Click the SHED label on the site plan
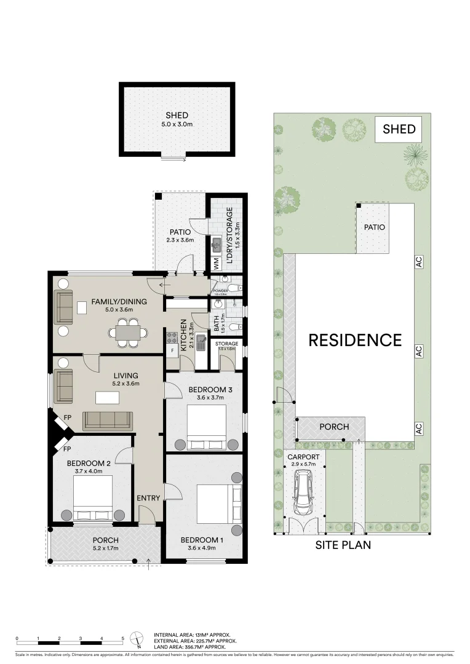coord(399,129)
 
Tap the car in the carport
coord(303,492)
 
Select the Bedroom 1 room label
coord(198,540)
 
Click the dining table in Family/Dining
coord(128,333)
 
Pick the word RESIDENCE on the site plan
coord(355,340)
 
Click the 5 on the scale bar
coord(123,638)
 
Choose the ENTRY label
coord(148,498)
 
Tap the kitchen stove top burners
coord(172,337)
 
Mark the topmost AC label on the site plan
coord(418,261)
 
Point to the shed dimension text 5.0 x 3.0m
coord(177,124)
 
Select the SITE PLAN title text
coord(343,545)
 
